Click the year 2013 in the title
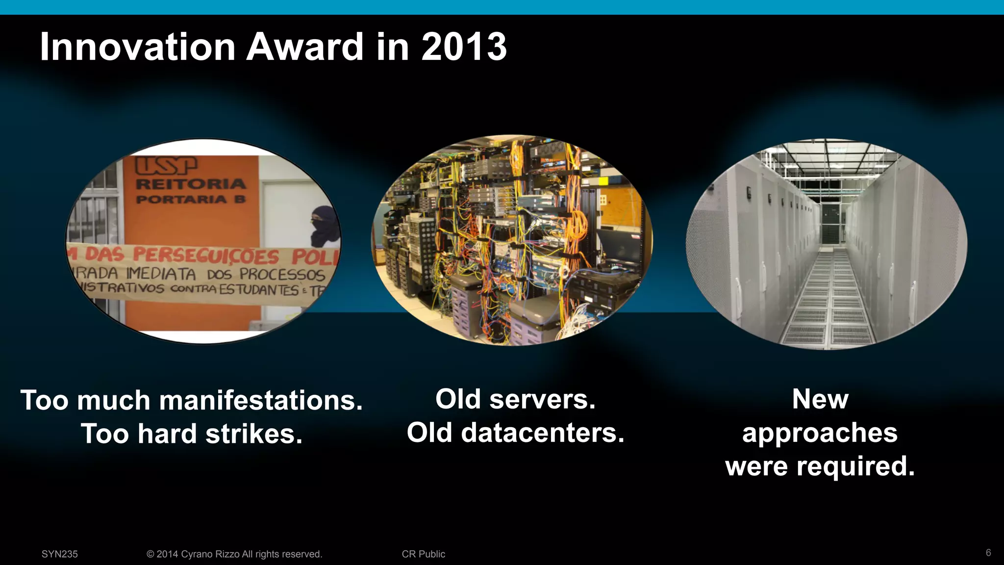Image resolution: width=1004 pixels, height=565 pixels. pyautogui.click(x=464, y=47)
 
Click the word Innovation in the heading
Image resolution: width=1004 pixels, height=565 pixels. pyautogui.click(x=137, y=47)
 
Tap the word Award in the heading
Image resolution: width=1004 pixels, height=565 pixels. pyautogui.click(x=304, y=47)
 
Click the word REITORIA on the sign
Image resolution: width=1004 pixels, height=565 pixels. pyautogui.click(x=191, y=184)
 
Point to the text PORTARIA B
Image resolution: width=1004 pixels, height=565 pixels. pyautogui.click(x=191, y=200)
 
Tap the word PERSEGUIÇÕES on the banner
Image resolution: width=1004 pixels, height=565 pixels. pyautogui.click(x=206, y=256)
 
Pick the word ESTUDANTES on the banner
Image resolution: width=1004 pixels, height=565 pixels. pyautogui.click(x=258, y=289)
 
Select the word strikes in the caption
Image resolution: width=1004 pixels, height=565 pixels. pyautogui.click(x=253, y=434)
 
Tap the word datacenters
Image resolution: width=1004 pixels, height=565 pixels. pyautogui.click(x=543, y=433)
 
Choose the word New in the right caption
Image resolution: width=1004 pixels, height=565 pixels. pyautogui.click(x=820, y=399)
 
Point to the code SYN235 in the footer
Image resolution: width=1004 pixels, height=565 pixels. pyautogui.click(x=59, y=554)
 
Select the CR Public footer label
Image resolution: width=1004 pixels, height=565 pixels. pyautogui.click(x=424, y=554)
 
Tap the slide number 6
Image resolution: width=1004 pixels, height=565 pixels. pyautogui.click(x=988, y=553)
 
